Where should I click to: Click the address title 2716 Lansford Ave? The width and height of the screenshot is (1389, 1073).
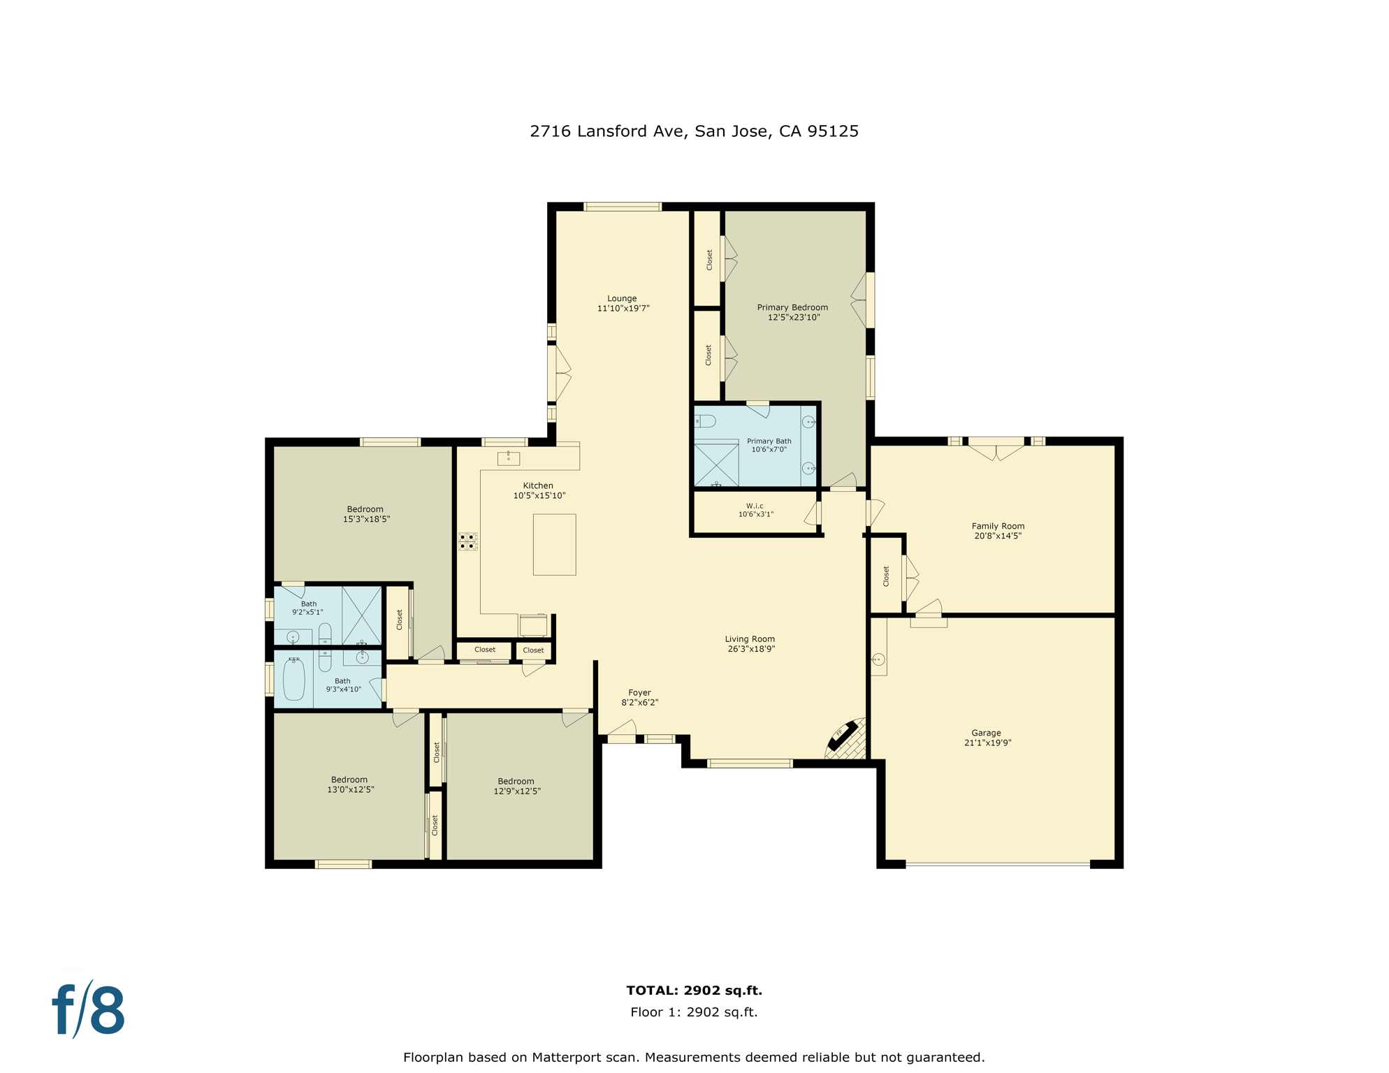coord(694,131)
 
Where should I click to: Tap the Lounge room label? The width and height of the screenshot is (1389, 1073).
coord(622,298)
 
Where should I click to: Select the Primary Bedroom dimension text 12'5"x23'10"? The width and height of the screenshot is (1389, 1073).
coord(794,317)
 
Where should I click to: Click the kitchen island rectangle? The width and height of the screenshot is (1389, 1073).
coord(554,545)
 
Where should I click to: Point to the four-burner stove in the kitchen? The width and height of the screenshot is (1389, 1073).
coord(467,541)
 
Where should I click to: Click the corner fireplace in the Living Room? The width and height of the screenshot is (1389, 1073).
coord(846,739)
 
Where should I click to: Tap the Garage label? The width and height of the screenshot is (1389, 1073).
coord(986,733)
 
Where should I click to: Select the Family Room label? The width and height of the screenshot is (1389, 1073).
coord(998,526)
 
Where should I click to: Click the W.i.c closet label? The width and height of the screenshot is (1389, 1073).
coord(755,506)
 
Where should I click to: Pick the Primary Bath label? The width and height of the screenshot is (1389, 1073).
coord(769,441)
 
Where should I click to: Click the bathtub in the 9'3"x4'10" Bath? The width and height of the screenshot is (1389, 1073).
coord(294,679)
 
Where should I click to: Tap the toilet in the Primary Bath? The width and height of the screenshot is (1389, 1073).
coord(705,421)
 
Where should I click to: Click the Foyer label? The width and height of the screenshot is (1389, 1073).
coord(639,692)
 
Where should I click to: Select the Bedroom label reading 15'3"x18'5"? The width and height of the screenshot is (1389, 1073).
coord(365,519)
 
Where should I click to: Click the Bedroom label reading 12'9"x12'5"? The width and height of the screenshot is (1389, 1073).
coord(517,791)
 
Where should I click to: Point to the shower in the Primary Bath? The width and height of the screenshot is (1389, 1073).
coord(716,465)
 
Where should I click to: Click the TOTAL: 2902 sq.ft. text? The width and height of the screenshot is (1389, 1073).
coord(694,990)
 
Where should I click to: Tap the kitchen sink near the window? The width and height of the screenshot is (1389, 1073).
coord(508,458)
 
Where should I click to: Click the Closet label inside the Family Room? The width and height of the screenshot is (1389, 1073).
coord(886,576)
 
